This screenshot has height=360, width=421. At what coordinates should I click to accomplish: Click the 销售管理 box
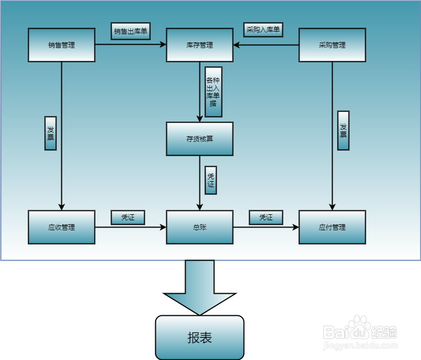(61, 45)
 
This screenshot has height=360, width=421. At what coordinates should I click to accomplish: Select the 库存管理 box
(199, 45)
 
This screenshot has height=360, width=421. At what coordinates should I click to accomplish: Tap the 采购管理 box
(332, 45)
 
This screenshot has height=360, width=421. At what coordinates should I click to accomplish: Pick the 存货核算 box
(199, 139)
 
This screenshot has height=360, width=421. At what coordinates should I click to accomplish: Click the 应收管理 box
(61, 227)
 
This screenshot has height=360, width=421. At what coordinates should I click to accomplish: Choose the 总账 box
(199, 227)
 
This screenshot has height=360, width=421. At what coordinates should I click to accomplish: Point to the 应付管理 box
(332, 227)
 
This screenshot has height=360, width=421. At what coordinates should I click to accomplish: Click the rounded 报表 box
(199, 337)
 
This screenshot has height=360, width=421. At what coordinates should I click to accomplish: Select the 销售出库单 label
(130, 31)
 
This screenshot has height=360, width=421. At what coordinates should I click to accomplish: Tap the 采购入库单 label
(263, 29)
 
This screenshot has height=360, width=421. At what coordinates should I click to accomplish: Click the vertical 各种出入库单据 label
(213, 92)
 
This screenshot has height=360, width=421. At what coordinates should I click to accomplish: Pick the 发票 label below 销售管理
(50, 133)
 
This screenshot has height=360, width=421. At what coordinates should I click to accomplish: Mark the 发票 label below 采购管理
(343, 130)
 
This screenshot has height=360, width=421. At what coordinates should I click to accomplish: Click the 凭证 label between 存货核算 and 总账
(211, 180)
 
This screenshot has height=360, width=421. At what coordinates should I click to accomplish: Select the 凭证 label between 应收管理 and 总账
(128, 218)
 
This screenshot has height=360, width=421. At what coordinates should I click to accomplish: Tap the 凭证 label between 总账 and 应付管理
(266, 218)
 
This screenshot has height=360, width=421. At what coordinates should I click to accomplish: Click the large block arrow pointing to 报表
(199, 287)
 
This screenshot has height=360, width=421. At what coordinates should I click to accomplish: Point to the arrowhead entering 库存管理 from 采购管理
(236, 45)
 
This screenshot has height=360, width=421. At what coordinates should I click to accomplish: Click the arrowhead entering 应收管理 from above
(61, 207)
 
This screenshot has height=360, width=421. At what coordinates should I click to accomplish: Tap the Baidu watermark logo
(360, 332)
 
